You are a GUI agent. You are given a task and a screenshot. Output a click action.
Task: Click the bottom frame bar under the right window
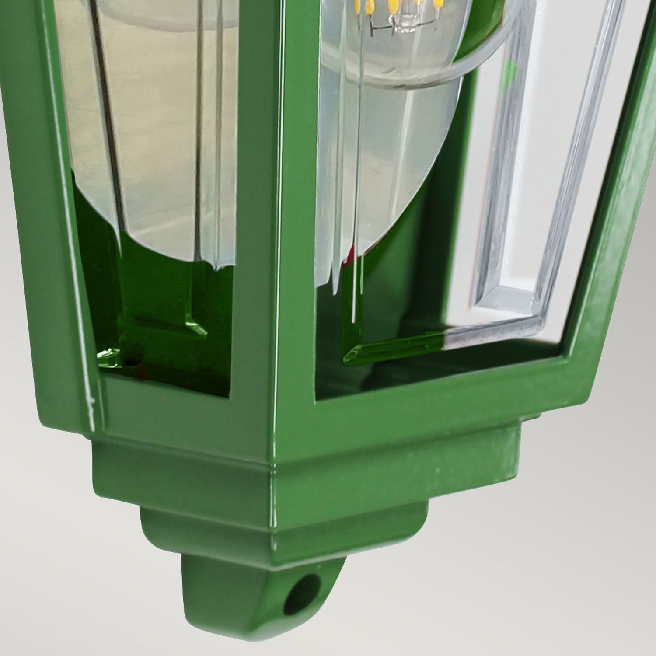click(437, 394)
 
